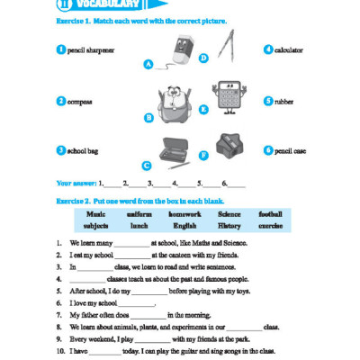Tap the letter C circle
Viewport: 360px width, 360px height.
146,165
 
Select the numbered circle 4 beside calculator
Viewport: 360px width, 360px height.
267,50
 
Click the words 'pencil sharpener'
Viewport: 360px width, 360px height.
91,50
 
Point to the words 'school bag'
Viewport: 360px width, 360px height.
84,150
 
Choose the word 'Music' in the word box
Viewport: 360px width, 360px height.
96,214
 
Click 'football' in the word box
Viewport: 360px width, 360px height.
269,214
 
